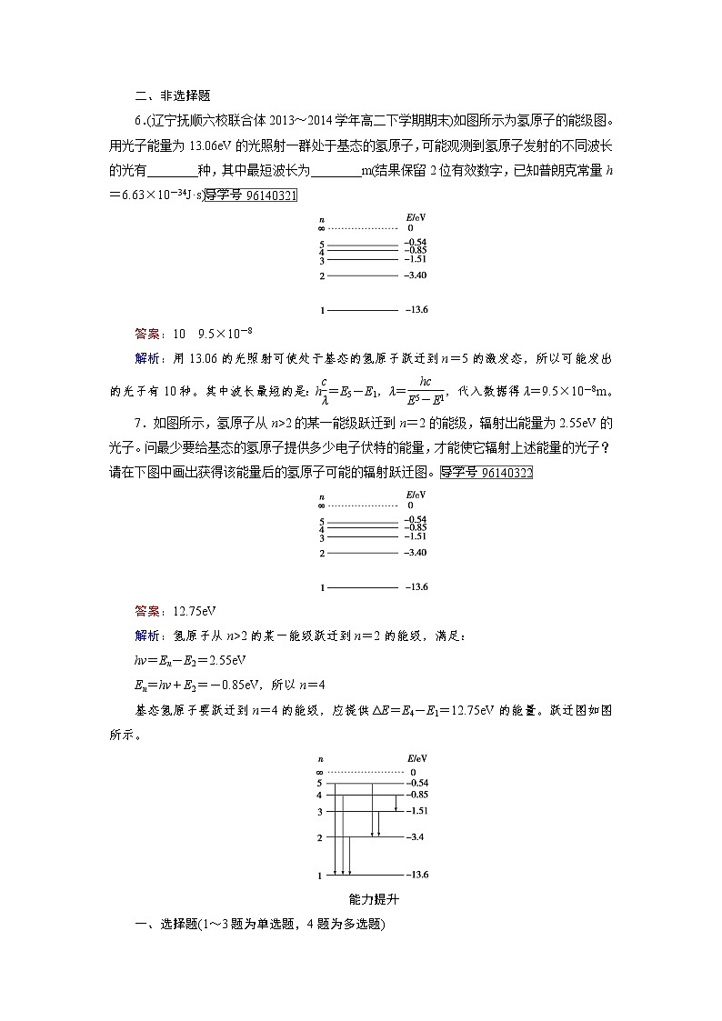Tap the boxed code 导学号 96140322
coord(486,472)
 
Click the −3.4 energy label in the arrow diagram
coord(417,836)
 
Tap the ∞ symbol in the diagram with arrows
coord(319,772)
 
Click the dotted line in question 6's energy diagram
coord(364,229)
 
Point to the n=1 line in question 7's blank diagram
coord(362,587)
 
